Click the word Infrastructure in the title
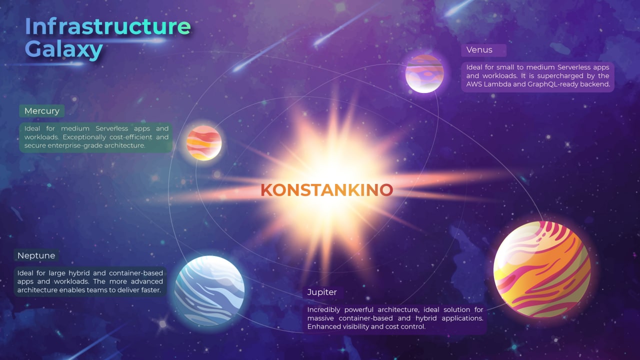108,26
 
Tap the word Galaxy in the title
64,49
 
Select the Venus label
479,49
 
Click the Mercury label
41,111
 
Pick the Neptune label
36,255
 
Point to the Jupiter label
322,292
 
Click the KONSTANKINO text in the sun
327,190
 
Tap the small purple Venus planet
424,73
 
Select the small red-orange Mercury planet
204,143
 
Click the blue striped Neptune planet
209,290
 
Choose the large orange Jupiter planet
542,269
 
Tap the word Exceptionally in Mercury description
85,137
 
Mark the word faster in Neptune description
151,290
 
